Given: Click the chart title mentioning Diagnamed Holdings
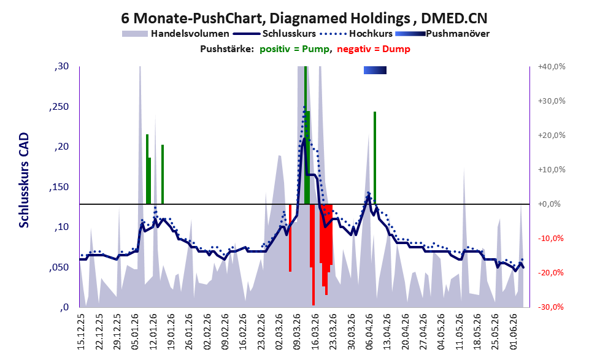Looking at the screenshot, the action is tap(304, 18).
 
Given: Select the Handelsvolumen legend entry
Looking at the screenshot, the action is tap(175, 34).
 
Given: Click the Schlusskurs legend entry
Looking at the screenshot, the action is tap(275, 34).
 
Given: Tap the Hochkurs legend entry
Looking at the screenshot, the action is tap(356, 34).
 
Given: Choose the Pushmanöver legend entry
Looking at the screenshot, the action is tap(442, 34).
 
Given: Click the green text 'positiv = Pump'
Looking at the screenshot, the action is tap(294, 49).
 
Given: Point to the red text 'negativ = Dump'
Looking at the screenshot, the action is tap(374, 49).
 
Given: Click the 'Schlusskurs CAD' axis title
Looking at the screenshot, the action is tap(24, 180).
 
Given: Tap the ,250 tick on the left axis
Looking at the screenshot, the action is tap(59, 107).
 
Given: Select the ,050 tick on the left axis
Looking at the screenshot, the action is tap(59, 267).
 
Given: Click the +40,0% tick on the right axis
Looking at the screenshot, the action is tap(552, 67).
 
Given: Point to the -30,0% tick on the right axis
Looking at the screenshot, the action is tap(550, 307).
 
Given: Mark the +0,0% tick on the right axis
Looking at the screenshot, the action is tap(549, 204).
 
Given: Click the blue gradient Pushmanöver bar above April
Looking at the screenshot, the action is tap(375, 70).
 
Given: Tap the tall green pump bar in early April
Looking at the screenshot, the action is tap(375, 158).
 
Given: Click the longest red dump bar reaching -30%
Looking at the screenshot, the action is tap(314, 255).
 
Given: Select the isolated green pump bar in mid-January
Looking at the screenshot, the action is tap(163, 174).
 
